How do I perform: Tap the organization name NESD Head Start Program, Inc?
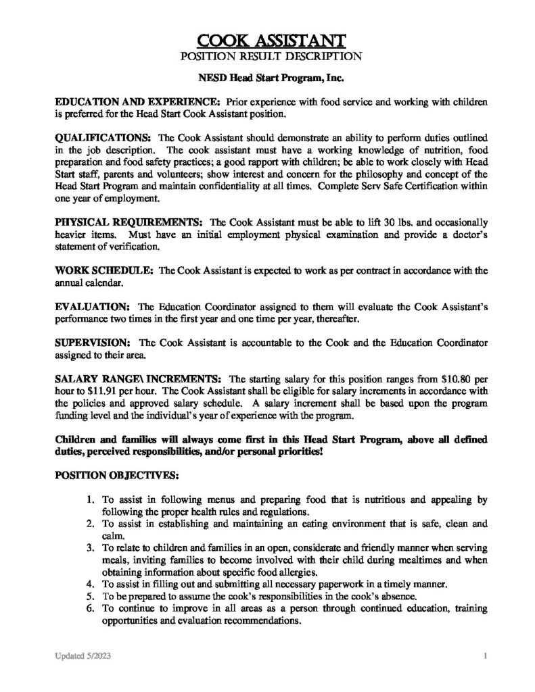pos(267,78)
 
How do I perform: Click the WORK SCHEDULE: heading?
pos(104,270)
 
